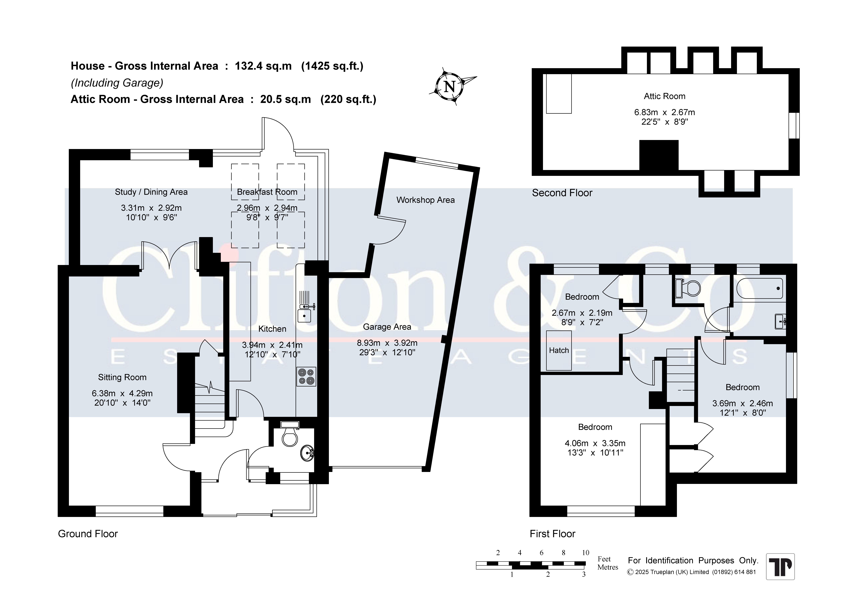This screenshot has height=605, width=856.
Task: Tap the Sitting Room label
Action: click(122, 377)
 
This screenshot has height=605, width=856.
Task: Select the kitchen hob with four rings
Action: click(306, 376)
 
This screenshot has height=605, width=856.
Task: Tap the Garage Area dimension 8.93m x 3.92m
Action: click(387, 343)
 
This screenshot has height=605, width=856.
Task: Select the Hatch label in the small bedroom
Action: click(559, 350)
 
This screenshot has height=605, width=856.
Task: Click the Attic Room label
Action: click(664, 96)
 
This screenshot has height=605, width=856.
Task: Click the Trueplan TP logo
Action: click(780, 567)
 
